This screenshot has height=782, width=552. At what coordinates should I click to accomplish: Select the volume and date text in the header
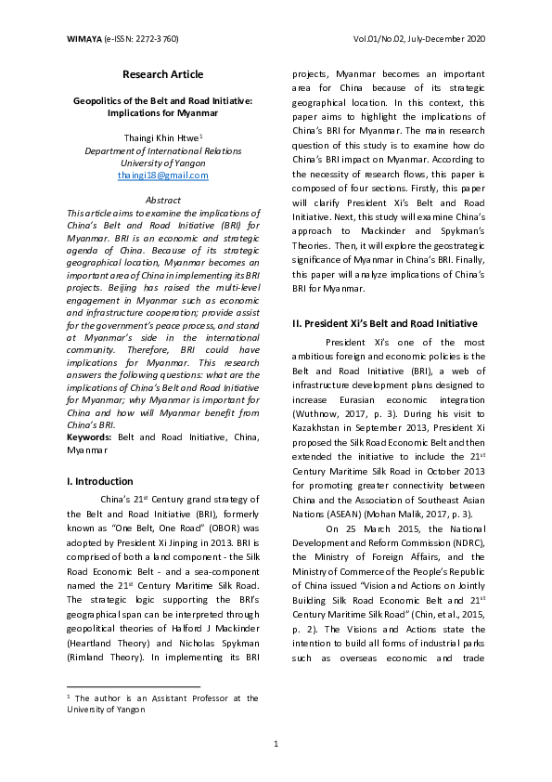pyautogui.click(x=419, y=39)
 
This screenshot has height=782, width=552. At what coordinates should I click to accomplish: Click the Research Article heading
pyautogui.click(x=162, y=74)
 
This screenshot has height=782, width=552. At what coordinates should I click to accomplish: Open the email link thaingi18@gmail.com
pyautogui.click(x=162, y=175)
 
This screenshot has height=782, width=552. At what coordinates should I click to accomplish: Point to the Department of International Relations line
pyautogui.click(x=162, y=149)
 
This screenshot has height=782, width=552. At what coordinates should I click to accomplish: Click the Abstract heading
pyautogui.click(x=163, y=200)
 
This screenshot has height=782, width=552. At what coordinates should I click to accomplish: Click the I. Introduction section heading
pyautogui.click(x=100, y=482)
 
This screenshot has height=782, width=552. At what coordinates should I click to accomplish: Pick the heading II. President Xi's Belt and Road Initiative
pyautogui.click(x=384, y=323)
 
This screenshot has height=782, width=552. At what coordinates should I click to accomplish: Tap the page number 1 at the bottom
pyautogui.click(x=276, y=744)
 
